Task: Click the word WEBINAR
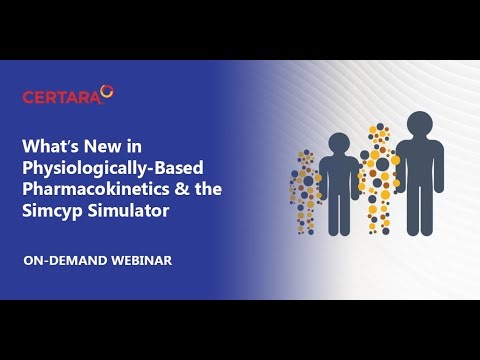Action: [143, 260]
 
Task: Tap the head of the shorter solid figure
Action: [339, 145]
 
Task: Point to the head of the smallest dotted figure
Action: [306, 159]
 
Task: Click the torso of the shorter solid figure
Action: [339, 185]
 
